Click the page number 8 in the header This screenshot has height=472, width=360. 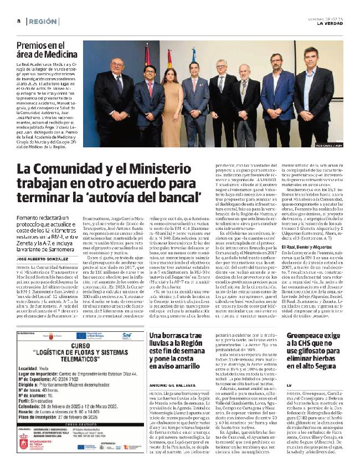[19, 21]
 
